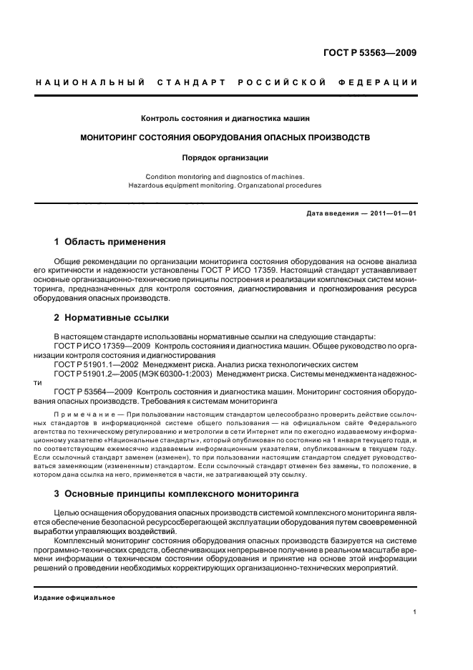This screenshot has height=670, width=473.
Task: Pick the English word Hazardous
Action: click(x=148, y=185)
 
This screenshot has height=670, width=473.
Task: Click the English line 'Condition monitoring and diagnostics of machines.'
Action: click(x=225, y=176)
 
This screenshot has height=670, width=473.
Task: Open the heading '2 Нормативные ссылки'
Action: click(x=112, y=318)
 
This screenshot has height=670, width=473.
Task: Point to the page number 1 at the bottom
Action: click(x=414, y=612)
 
